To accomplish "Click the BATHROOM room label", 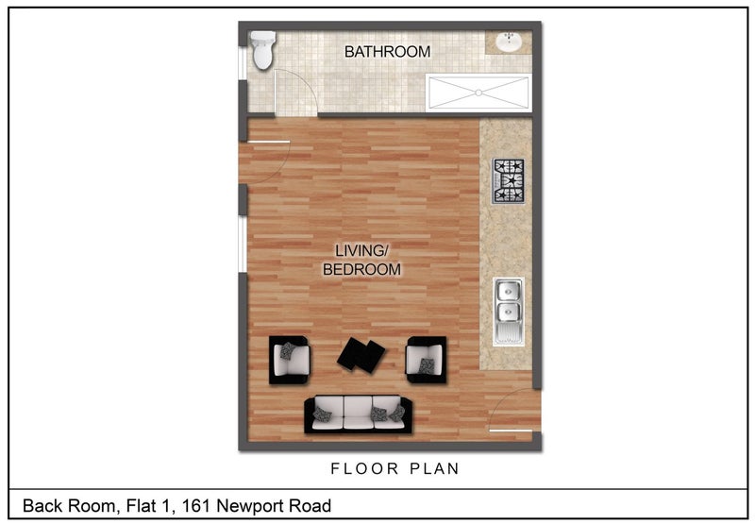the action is click(387, 52).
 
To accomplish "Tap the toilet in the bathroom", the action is click(262, 50).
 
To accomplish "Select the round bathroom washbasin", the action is click(509, 42).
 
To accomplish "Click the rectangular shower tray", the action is click(478, 93).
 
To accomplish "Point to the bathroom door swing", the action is click(295, 93).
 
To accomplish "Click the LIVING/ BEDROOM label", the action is click(361, 260).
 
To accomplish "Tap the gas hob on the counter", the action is click(508, 181).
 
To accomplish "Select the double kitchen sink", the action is click(509, 312).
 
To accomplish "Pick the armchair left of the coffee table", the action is click(289, 360).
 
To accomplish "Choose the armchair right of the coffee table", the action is click(427, 360).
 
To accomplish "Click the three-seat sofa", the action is click(359, 414).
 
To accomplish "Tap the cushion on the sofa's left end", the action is click(321, 414).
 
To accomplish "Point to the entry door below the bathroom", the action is click(266, 161).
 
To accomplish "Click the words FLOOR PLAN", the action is click(394, 468).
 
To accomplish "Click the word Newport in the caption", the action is click(250, 506).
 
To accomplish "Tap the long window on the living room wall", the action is click(243, 245).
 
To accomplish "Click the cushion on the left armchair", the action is click(288, 350).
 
